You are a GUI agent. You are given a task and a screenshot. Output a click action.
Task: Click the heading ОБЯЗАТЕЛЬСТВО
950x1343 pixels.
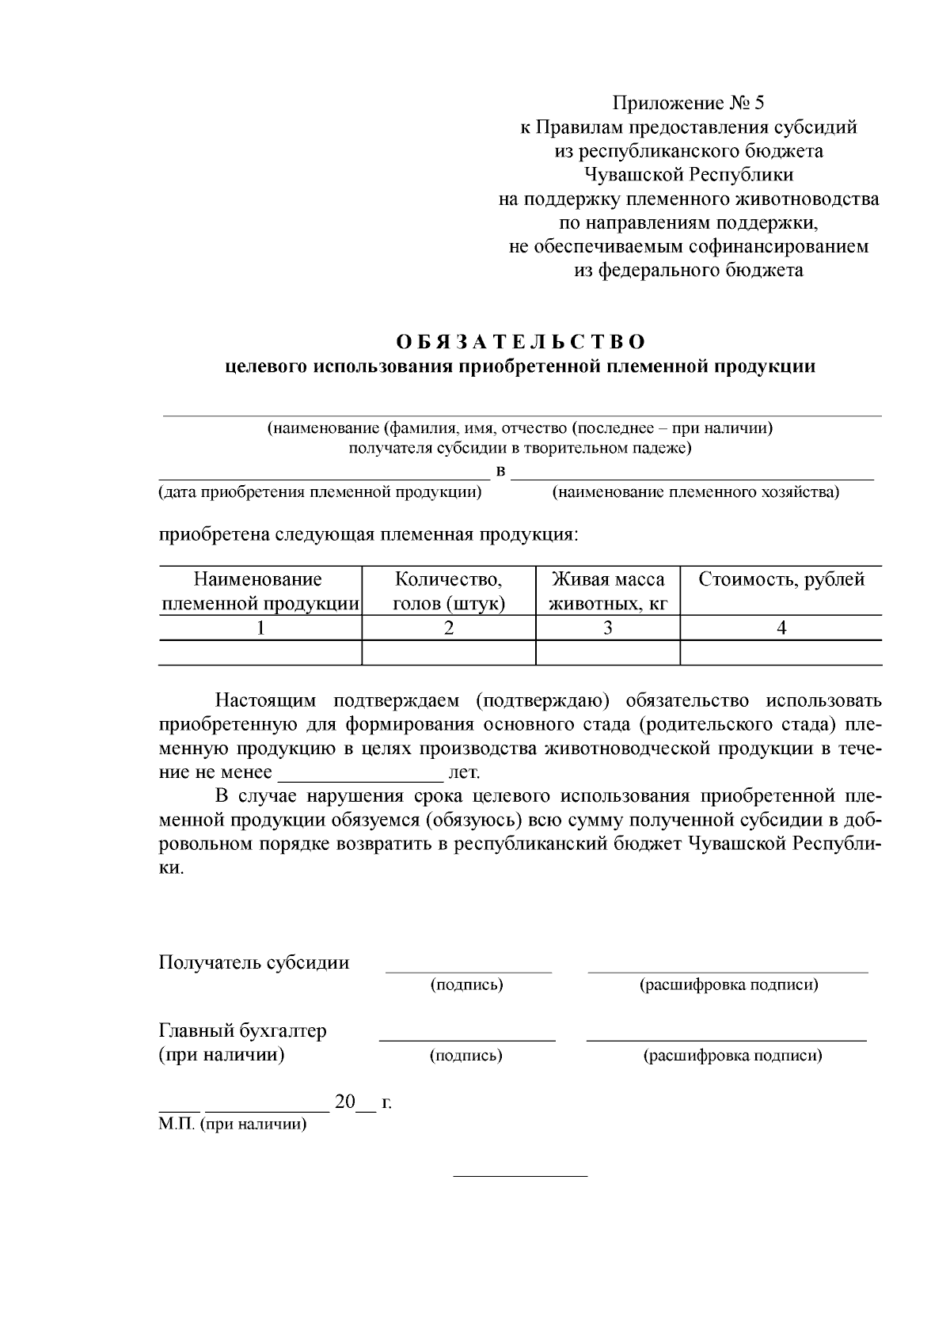click(521, 342)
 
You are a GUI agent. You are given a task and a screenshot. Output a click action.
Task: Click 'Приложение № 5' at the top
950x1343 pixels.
click(689, 103)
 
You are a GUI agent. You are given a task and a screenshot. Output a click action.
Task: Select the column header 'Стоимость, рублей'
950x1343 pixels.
click(781, 579)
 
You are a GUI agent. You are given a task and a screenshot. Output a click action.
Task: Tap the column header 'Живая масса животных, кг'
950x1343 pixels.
click(608, 591)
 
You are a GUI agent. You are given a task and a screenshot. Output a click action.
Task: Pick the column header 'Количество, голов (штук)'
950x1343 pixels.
click(449, 591)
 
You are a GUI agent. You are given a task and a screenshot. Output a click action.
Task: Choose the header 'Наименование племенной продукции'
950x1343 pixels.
click(260, 591)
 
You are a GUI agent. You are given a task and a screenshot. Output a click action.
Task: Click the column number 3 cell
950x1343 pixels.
click(608, 628)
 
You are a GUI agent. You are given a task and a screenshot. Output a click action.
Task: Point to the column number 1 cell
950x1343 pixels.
click(260, 628)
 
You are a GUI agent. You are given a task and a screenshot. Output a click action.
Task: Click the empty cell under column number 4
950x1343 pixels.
click(781, 653)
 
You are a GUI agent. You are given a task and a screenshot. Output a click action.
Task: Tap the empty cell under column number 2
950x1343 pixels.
click(449, 653)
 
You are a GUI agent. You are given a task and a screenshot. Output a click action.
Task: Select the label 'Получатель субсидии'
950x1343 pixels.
click(254, 962)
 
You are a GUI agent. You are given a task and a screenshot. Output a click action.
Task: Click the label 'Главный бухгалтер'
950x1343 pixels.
click(242, 1031)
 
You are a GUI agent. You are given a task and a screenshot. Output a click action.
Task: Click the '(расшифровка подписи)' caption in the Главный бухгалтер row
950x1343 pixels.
click(732, 1056)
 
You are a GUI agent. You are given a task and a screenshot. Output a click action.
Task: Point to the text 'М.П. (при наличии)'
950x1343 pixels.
click(232, 1125)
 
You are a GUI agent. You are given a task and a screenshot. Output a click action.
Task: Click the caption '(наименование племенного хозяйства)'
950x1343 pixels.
click(695, 492)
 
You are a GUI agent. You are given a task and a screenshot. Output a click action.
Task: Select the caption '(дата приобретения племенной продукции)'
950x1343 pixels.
click(320, 492)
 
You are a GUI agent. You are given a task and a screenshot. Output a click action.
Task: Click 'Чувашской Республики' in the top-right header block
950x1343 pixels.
click(689, 175)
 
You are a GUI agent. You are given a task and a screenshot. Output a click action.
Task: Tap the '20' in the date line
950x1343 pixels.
click(345, 1102)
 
